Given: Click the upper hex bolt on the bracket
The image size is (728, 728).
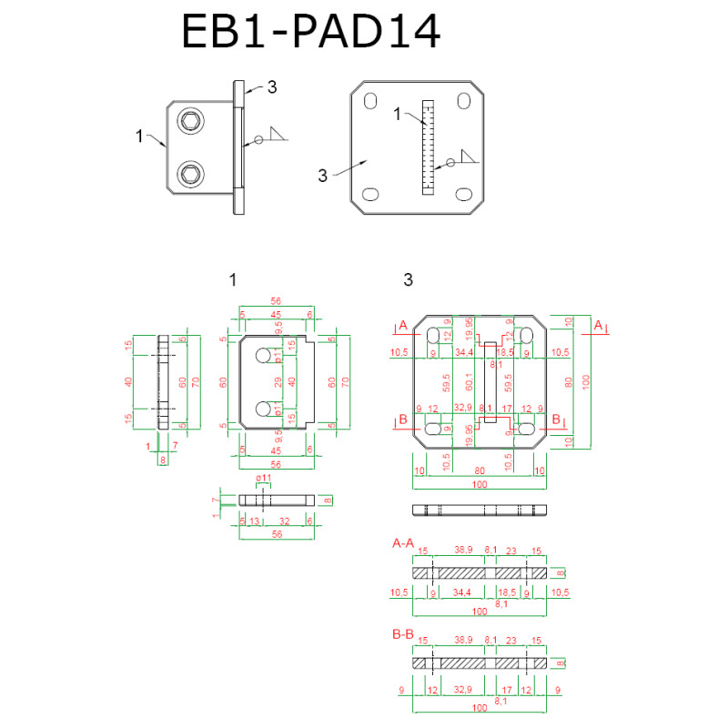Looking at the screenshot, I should point(191,121).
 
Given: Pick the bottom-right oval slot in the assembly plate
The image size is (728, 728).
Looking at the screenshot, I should point(464,194).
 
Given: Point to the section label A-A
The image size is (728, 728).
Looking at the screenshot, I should point(402,543).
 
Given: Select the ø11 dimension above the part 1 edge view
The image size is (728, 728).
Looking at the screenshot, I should point(264,479).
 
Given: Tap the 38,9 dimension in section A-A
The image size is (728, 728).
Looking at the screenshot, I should point(462,551).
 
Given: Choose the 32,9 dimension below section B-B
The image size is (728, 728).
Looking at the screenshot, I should point(462,690).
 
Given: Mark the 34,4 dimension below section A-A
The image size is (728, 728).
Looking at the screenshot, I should point(463,592).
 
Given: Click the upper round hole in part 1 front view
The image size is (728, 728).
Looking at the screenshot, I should point(264,355).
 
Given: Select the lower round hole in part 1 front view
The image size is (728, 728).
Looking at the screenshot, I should point(264,408).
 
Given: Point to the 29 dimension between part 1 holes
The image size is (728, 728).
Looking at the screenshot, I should point(278,381).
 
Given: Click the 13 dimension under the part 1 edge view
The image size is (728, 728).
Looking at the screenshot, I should point(254,521).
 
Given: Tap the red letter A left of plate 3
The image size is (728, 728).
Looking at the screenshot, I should point(402,325).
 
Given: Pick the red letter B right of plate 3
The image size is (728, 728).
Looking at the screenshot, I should point(555,420).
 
